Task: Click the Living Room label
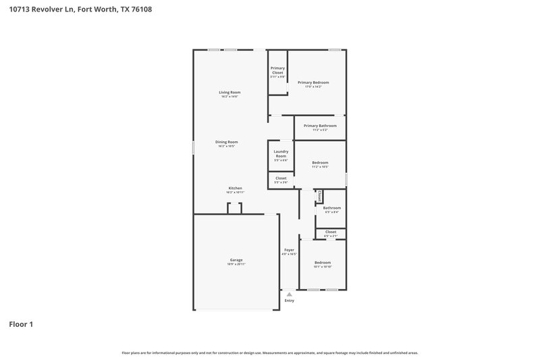tap(230, 93)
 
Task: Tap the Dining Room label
tap(227, 142)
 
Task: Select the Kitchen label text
tap(235, 188)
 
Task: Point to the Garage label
tap(236, 260)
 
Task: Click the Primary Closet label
tap(277, 70)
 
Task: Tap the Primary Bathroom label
tap(319, 126)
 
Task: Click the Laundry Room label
tap(281, 153)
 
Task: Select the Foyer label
tap(289, 250)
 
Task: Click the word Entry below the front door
tap(290, 301)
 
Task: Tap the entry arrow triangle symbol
tap(290, 294)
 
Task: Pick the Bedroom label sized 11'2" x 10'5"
tap(320, 163)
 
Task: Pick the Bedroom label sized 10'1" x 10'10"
tap(322, 262)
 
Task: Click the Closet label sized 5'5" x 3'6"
tap(281, 178)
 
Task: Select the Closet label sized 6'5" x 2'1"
tap(331, 232)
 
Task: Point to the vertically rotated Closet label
tap(319, 196)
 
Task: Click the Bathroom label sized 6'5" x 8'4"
tap(331, 208)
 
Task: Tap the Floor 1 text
tap(20, 324)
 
